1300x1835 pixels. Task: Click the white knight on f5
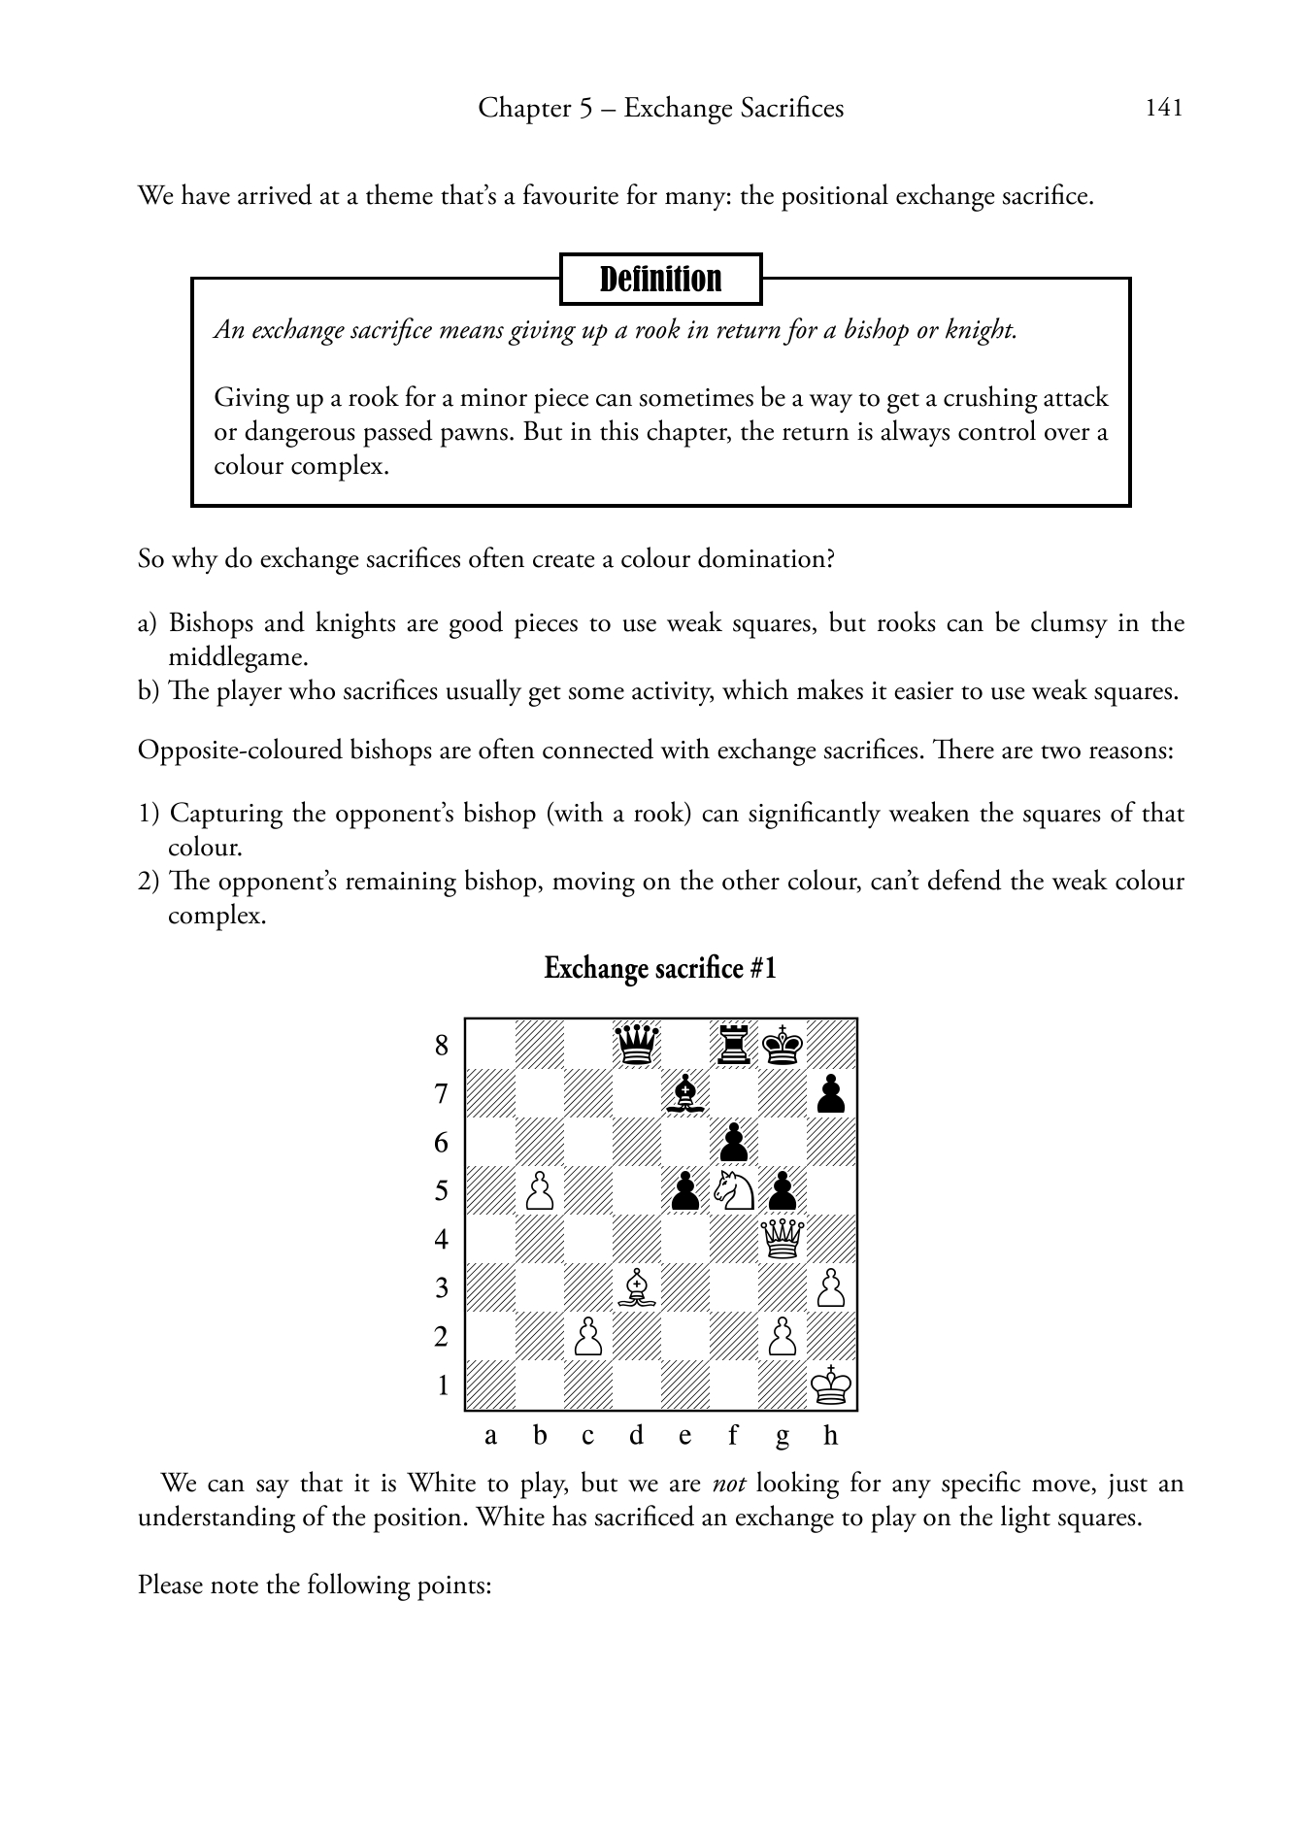[x=734, y=1190]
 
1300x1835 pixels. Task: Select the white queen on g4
[x=783, y=1239]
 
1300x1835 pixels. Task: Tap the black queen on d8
[x=637, y=1045]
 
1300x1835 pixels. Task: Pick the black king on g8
[x=783, y=1045]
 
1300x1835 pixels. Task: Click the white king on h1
[x=831, y=1385]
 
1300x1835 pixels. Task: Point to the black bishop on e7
[x=685, y=1093]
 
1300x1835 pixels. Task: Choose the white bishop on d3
[x=637, y=1287]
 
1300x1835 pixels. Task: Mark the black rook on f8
[x=734, y=1045]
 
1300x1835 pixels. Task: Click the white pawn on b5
[x=540, y=1190]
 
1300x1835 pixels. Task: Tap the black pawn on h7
[x=831, y=1093]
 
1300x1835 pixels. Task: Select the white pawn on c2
[x=588, y=1336]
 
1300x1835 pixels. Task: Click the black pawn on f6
[x=734, y=1142]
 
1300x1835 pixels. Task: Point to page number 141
[x=1164, y=108]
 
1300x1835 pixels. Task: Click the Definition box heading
[x=660, y=280]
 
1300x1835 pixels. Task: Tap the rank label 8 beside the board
[x=442, y=1046]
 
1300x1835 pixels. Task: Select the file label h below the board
[x=830, y=1436]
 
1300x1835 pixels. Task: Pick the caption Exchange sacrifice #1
[x=660, y=969]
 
